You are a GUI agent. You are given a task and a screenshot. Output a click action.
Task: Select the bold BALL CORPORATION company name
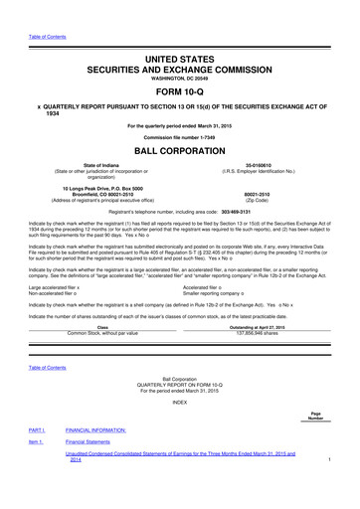coord(180,152)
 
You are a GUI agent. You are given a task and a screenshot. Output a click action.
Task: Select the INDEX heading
coord(180,402)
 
